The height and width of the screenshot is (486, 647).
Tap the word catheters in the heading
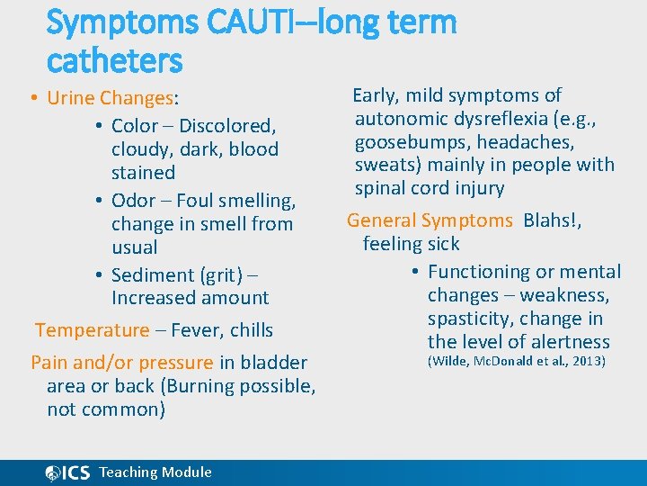(x=114, y=61)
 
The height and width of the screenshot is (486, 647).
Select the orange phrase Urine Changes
(x=110, y=98)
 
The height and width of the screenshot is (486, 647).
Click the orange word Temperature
(x=92, y=330)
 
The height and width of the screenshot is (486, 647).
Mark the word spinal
(x=381, y=188)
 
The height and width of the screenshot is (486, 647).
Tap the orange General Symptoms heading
(x=430, y=220)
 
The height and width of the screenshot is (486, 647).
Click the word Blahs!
(x=552, y=220)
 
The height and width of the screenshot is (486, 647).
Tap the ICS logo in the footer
(x=67, y=472)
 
